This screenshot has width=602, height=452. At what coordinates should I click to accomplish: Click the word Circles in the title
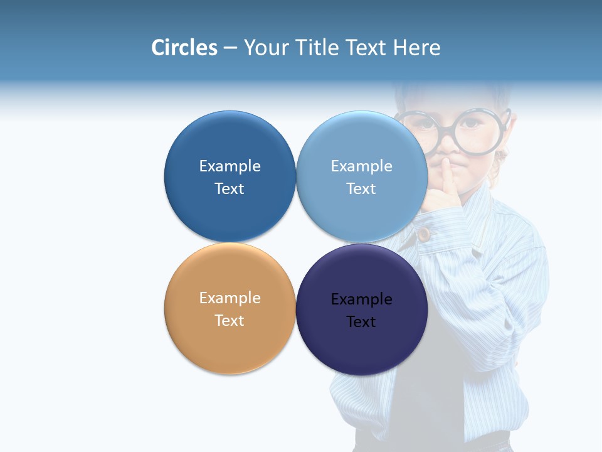pos(184,48)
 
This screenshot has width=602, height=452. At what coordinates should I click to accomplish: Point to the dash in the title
pos(230,48)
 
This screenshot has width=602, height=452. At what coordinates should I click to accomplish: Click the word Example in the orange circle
pos(230,298)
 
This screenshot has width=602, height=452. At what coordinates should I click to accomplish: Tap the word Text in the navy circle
pos(361,322)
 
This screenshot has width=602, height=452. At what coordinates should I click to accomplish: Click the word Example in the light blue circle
pos(361,166)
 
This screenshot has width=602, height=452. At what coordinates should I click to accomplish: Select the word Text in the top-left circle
pos(230,189)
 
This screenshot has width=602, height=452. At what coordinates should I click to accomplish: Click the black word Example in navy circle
pos(361,299)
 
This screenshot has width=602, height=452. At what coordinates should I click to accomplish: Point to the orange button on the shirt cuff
pos(425,234)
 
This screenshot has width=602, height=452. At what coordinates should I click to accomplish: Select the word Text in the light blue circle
pos(361,189)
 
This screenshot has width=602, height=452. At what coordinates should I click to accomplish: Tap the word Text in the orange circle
pos(230,321)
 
